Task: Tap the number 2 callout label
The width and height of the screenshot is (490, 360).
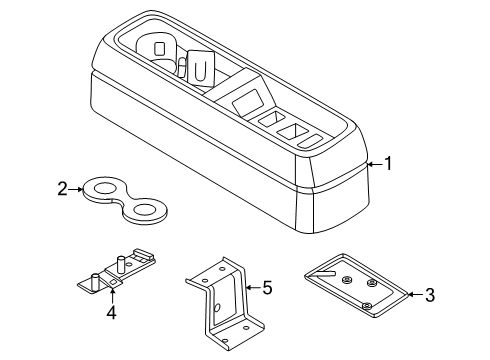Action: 62,187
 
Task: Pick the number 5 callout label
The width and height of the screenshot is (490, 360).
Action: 267,288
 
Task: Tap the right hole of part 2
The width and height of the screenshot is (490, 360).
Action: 146,210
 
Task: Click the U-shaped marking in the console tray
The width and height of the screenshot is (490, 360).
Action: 200,71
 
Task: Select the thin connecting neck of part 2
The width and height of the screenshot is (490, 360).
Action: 124,198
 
